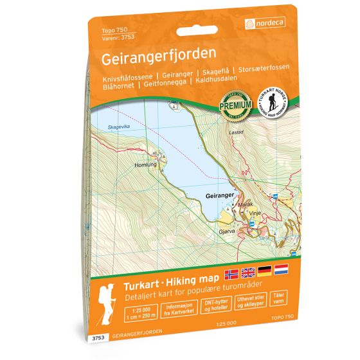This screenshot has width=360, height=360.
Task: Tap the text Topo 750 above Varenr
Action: pyautogui.click(x=112, y=30)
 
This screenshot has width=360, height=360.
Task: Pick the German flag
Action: pyautogui.click(x=265, y=271)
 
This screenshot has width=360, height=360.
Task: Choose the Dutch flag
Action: pyautogui.click(x=282, y=271)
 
